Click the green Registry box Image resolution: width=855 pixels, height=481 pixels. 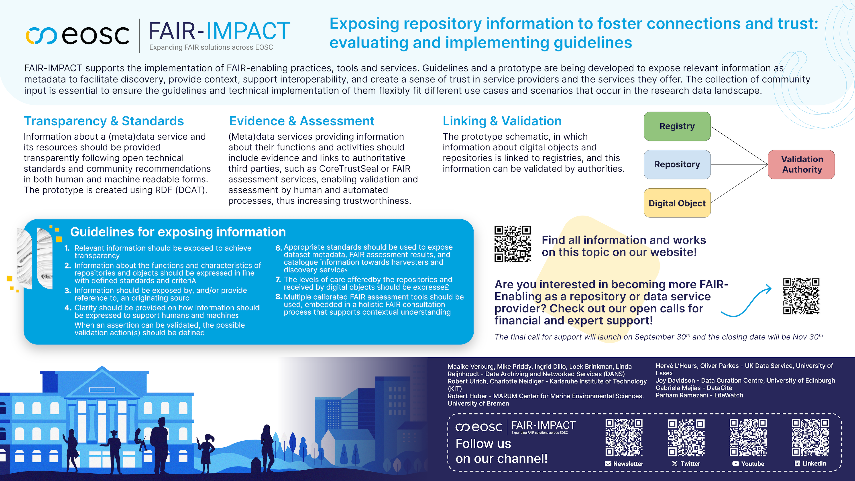pos(677,126)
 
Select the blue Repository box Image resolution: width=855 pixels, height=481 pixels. pos(677,164)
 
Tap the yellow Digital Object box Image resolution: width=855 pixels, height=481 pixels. pos(677,203)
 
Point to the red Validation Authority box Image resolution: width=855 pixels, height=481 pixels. pos(801,164)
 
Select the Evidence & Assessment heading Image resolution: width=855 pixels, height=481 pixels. pos(302,121)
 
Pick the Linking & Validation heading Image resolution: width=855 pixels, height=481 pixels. pos(502,121)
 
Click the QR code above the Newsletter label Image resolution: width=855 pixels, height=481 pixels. pos(624,437)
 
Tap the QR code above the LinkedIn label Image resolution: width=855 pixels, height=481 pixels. pos(810,437)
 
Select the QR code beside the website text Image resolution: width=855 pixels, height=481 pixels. pos(513,244)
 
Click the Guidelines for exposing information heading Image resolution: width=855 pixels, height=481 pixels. pos(178,232)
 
